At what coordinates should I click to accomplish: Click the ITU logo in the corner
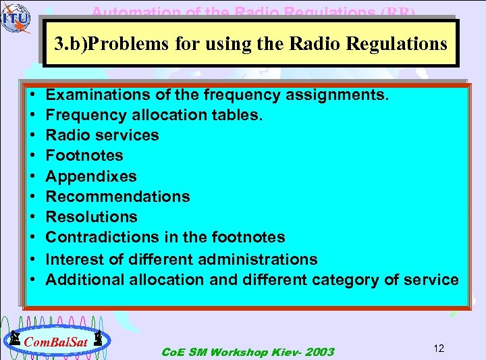15,18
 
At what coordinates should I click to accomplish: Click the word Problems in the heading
121,44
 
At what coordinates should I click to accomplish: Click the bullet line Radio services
102,135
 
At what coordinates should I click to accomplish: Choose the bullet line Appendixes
90,176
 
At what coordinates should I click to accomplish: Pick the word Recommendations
117,197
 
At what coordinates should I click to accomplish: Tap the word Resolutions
91,217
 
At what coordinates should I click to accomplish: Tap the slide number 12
438,349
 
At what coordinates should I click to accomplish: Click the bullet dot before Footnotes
33,156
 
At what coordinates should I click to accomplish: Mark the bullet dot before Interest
33,259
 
